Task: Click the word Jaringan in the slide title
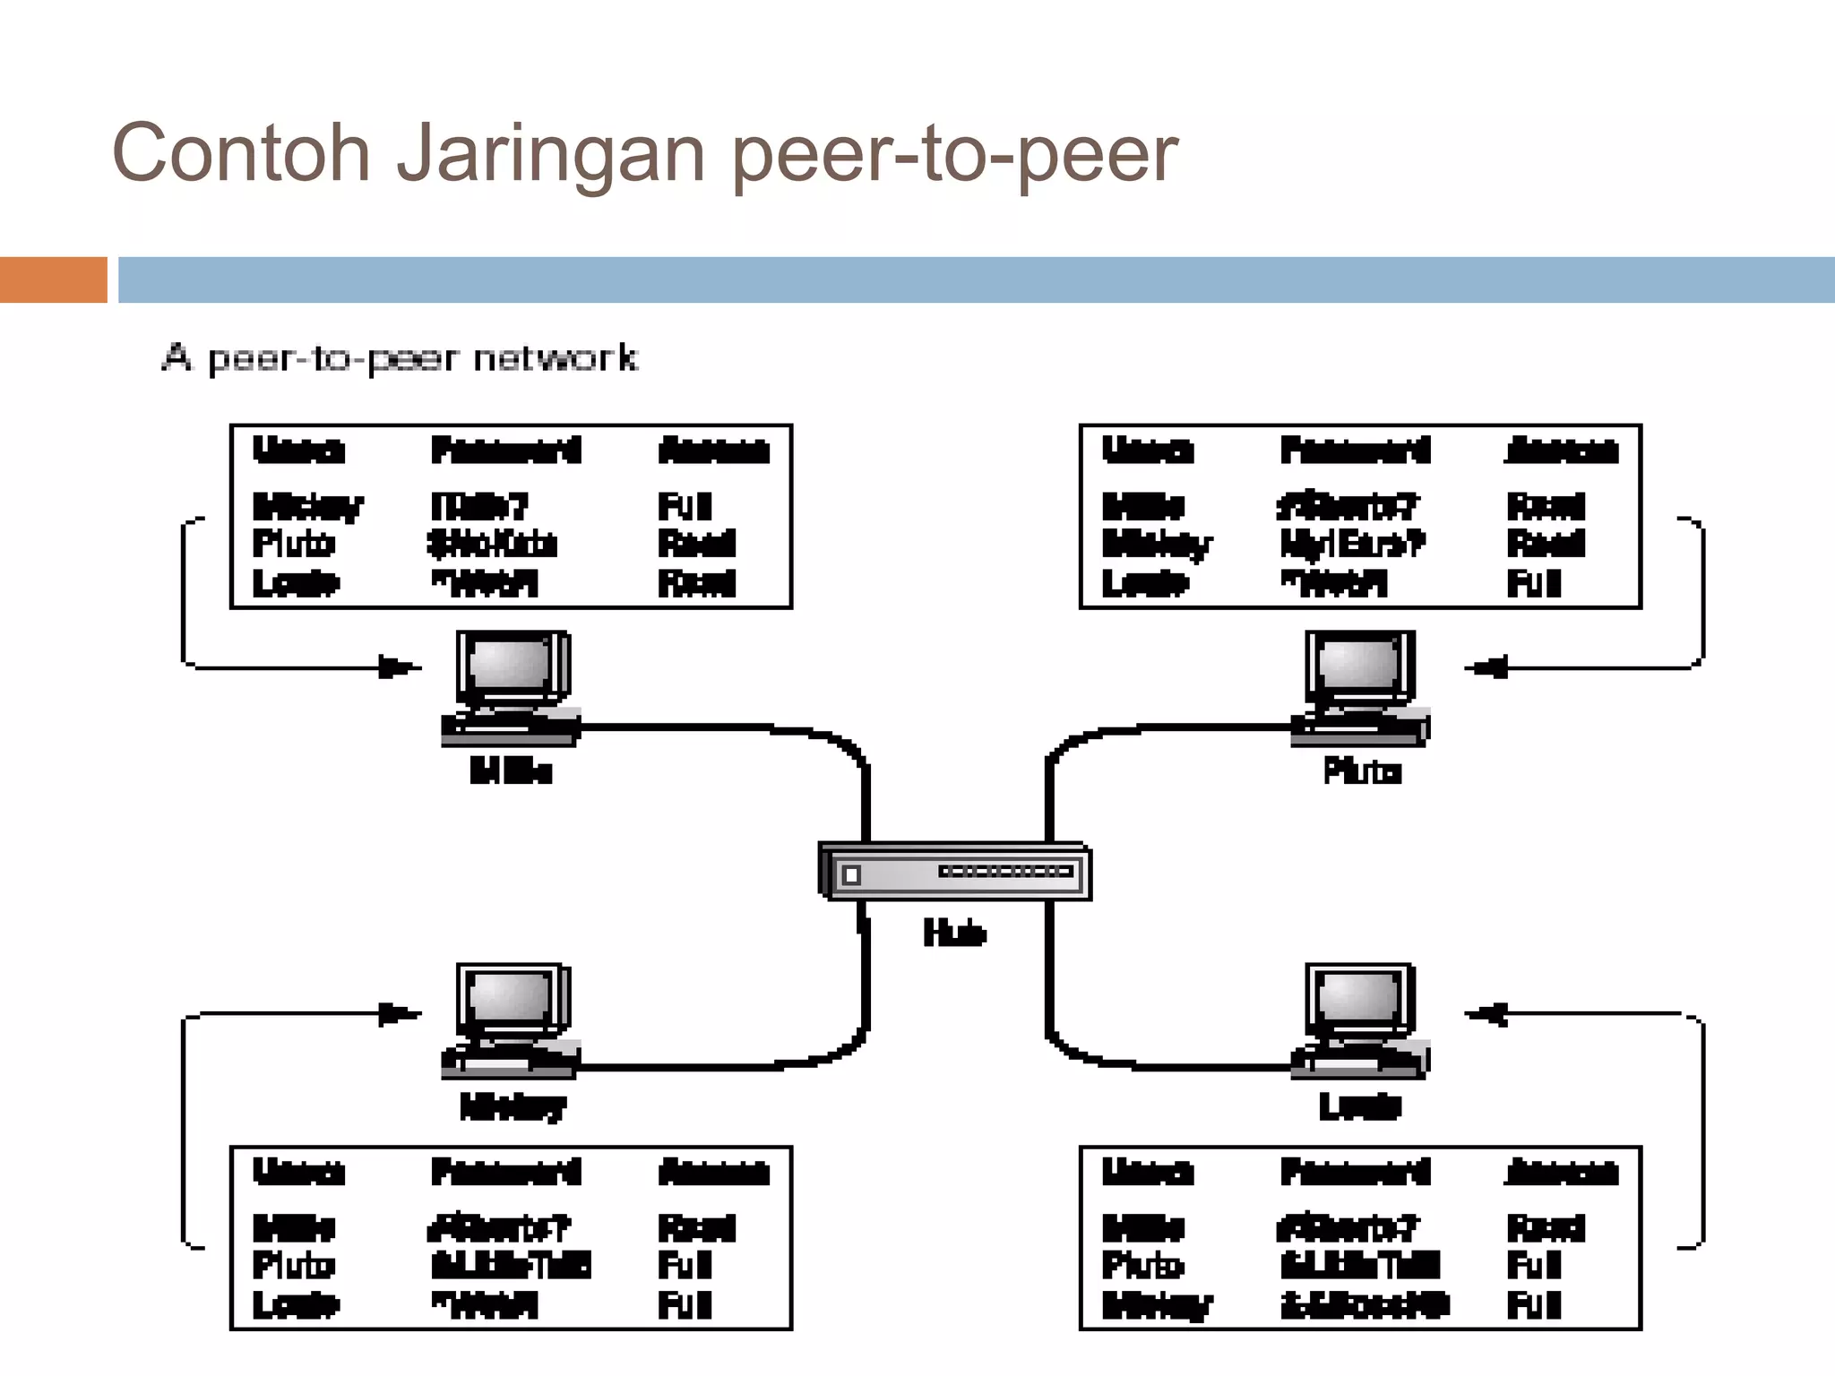click(x=550, y=154)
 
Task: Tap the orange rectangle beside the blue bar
click(x=53, y=279)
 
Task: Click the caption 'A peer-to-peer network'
click(x=400, y=358)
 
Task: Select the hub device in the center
click(x=955, y=872)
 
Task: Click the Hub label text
click(x=954, y=933)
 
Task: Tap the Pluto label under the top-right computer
click(x=1362, y=771)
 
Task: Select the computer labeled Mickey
click(x=511, y=1021)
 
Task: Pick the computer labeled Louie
click(x=1360, y=1021)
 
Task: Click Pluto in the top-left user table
click(x=293, y=544)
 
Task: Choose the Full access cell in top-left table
click(x=685, y=506)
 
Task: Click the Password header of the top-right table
click(x=1355, y=450)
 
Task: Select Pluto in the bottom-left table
click(x=293, y=1266)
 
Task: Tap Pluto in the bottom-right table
click(x=1142, y=1266)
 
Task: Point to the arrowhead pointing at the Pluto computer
click(x=1487, y=667)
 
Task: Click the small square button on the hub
click(x=851, y=875)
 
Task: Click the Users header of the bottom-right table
click(x=1147, y=1172)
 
